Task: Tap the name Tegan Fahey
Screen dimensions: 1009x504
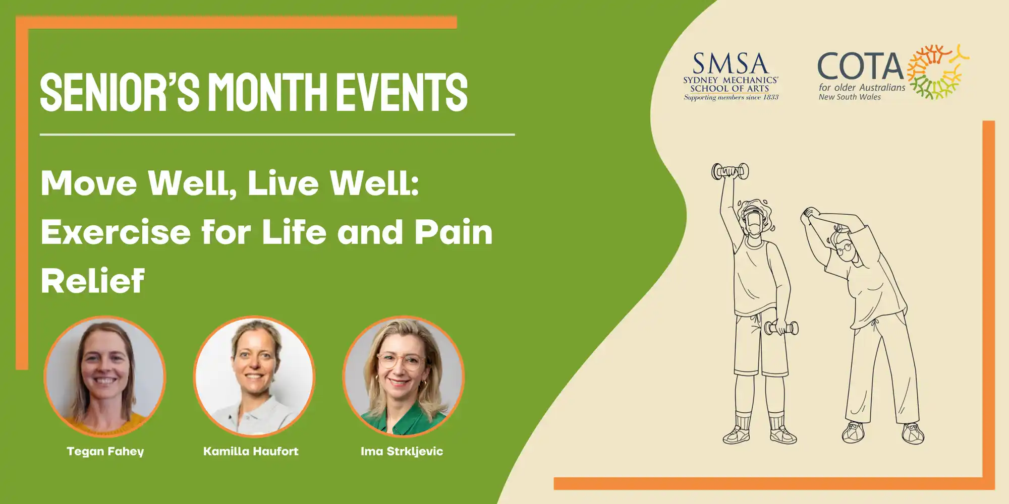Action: pyautogui.click(x=105, y=452)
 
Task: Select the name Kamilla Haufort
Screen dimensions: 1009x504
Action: pyautogui.click(x=251, y=451)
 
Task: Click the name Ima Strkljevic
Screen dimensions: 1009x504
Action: pyautogui.click(x=402, y=452)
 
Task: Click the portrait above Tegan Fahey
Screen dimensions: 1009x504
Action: pyautogui.click(x=105, y=376)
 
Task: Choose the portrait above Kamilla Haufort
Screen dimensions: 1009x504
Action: pyautogui.click(x=254, y=376)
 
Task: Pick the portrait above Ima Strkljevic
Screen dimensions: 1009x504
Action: pyautogui.click(x=403, y=376)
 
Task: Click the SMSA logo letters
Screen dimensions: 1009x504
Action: pyautogui.click(x=730, y=64)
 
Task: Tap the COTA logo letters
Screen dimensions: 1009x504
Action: pyautogui.click(x=860, y=67)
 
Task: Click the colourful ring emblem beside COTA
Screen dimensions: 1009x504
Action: pyautogui.click(x=938, y=71)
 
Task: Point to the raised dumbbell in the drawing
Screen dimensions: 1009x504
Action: pyautogui.click(x=730, y=171)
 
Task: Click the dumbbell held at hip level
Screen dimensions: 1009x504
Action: pyautogui.click(x=781, y=329)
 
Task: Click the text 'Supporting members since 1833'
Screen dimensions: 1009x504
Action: pyautogui.click(x=731, y=97)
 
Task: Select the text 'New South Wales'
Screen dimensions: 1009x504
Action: pyautogui.click(x=850, y=97)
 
